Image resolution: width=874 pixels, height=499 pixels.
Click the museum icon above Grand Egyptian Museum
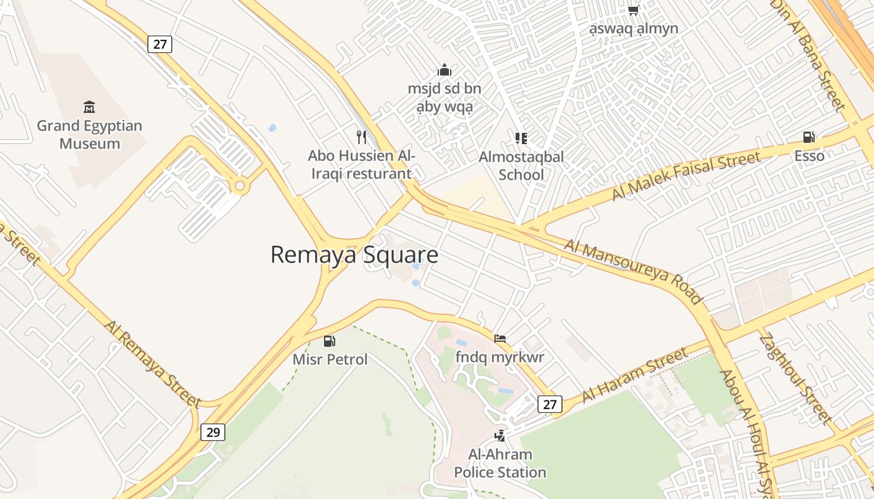point(89,107)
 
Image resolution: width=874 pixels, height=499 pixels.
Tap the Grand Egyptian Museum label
point(89,135)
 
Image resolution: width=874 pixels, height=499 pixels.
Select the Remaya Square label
point(354,255)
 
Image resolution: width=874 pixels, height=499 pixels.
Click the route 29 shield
point(213,432)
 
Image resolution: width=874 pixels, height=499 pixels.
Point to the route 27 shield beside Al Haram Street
point(549,404)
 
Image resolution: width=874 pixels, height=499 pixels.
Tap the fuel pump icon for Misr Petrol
point(329,341)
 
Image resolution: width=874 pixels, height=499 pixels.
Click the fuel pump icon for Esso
point(809,137)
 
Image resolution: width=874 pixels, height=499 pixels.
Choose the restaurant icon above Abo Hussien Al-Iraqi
point(361,136)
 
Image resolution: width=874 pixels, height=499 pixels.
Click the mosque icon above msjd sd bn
point(444,70)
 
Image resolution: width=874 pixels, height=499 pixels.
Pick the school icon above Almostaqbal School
point(521,138)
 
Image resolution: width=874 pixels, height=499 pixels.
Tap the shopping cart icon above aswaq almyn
point(634,10)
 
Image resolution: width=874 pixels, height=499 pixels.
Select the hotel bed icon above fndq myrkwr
point(499,339)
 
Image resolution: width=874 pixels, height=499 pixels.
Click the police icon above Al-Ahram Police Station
point(499,435)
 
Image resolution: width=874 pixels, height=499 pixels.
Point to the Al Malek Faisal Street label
point(686,176)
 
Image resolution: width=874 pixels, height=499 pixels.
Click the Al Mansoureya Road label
point(633,271)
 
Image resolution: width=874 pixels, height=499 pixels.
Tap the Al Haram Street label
point(635,375)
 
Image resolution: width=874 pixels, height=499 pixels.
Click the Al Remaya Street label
point(152,364)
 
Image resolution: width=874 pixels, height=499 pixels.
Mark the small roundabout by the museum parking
point(239,185)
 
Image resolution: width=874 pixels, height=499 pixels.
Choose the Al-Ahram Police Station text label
point(499,463)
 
